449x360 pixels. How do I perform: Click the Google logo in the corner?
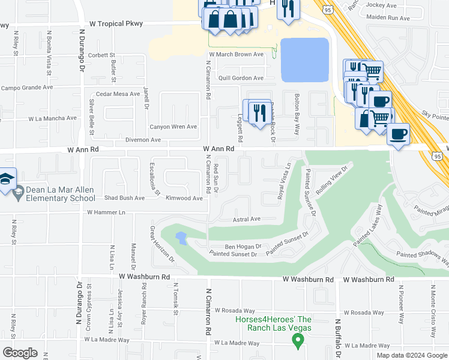tap(20, 353)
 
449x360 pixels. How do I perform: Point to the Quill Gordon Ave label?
tap(241, 78)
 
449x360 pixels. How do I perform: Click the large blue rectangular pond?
tap(305, 60)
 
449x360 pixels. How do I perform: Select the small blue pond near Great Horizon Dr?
tap(180, 239)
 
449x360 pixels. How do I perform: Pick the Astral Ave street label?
tap(247, 219)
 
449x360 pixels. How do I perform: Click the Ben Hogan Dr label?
tap(243, 246)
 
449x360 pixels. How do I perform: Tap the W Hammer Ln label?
tap(106, 212)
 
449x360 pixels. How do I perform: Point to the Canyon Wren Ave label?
tap(173, 127)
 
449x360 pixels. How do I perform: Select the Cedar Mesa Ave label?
tap(118, 94)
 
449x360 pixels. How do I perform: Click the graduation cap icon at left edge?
tap(7, 179)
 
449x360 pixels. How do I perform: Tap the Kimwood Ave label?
tap(184, 198)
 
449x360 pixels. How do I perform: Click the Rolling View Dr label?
tap(332, 179)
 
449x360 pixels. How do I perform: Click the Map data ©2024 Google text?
tap(411, 355)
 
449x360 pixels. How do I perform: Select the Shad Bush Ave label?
tap(124, 198)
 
